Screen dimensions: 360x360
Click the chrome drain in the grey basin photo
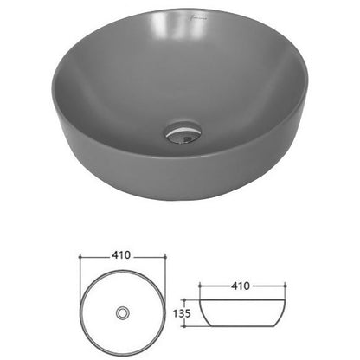[x=183, y=133]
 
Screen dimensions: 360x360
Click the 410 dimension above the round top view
[x=121, y=255]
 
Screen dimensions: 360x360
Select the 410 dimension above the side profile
[x=241, y=286]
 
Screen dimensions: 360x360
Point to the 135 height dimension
[x=182, y=313]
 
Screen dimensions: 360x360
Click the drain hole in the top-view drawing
[x=123, y=313]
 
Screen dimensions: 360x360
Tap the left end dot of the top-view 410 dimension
[x=80, y=256]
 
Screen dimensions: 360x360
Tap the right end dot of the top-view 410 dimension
[x=165, y=256]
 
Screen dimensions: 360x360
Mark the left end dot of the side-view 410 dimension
[x=199, y=286]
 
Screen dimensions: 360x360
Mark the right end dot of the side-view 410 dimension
[x=285, y=286]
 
